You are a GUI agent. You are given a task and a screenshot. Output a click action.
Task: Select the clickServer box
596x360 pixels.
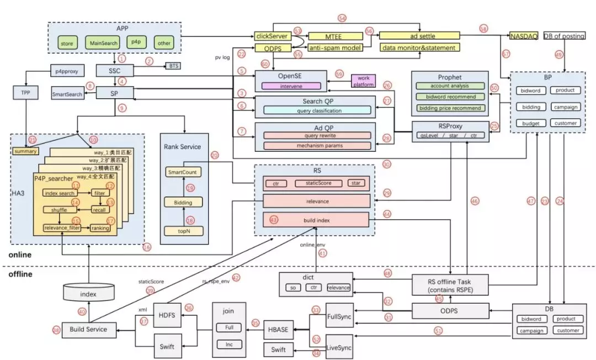pyautogui.click(x=273, y=36)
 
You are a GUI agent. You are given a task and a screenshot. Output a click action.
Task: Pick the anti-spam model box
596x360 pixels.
pyautogui.click(x=334, y=48)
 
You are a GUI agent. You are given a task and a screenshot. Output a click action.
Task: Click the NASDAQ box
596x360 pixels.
pyautogui.click(x=523, y=35)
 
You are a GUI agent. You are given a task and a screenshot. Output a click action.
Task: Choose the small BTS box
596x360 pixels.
pyautogui.click(x=173, y=66)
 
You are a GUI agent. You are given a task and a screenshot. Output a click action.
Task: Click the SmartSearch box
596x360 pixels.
pyautogui.click(x=68, y=94)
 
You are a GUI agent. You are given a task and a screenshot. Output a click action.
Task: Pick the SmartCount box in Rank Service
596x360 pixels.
pyautogui.click(x=182, y=172)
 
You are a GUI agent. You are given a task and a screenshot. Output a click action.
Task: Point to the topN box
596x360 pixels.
pyautogui.click(x=182, y=230)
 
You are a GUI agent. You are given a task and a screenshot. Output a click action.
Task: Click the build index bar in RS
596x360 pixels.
pyautogui.click(x=316, y=219)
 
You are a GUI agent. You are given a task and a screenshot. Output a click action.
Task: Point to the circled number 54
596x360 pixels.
pyautogui.click(x=342, y=18)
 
